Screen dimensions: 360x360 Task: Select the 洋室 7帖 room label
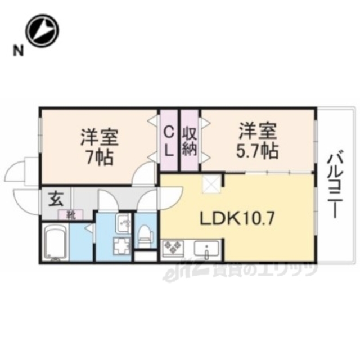98,146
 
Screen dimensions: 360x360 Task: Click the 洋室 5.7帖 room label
257,141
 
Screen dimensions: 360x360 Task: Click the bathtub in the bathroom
55,243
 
